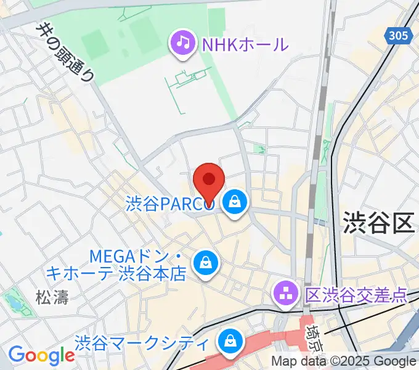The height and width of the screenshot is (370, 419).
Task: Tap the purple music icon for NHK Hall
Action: coord(183,43)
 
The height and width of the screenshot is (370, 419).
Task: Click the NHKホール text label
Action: coord(244,44)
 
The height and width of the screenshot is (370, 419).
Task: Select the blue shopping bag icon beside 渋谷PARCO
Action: coord(235,201)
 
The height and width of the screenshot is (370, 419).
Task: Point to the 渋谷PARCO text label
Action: coord(169,203)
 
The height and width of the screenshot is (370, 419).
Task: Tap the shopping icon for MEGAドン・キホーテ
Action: coord(204,262)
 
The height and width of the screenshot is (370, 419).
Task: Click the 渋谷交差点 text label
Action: coord(356,295)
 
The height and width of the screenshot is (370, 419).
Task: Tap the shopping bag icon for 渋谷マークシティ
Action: coord(230,340)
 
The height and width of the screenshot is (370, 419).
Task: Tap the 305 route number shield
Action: coord(399,36)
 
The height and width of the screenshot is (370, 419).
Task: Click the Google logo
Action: coord(41,355)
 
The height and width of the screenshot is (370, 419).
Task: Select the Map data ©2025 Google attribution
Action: coord(343,361)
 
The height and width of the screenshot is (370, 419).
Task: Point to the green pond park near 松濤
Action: coord(12,302)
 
